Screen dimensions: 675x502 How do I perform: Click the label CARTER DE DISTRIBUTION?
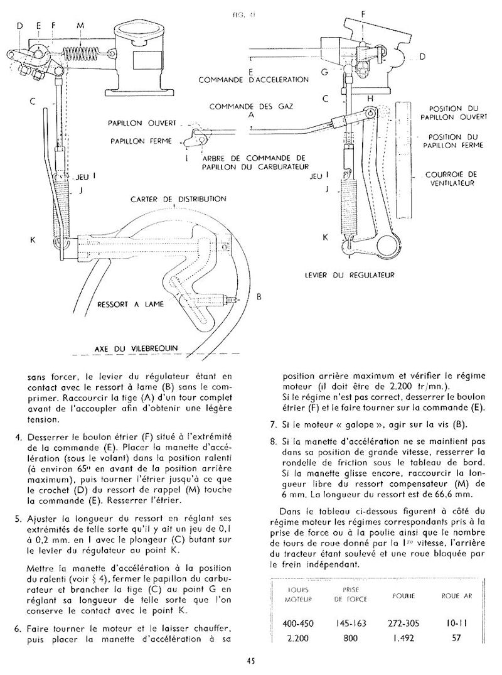178,199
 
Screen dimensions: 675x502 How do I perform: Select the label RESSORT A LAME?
131,305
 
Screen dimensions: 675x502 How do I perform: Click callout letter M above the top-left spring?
79,26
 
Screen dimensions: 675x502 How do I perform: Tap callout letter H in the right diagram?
370,99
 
